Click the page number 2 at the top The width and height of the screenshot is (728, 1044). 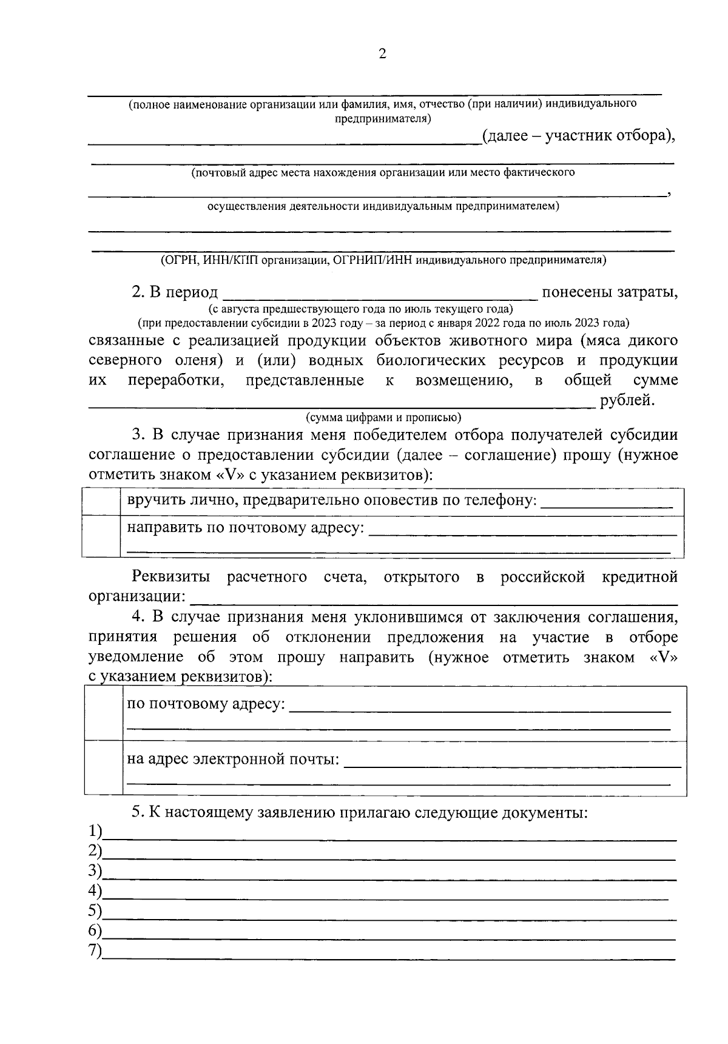click(382, 54)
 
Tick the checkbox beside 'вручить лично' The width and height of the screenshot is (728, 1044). click(101, 502)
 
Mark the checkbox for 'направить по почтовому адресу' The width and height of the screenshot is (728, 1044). click(101, 536)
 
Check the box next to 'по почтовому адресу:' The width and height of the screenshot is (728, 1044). click(104, 713)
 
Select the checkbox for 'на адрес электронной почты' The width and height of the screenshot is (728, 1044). click(104, 767)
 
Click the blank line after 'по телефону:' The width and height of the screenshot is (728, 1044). click(606, 503)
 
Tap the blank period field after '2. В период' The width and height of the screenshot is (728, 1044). click(380, 294)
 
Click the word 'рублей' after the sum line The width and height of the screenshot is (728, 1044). click(627, 400)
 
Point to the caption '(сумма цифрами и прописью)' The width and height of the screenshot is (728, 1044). click(383, 417)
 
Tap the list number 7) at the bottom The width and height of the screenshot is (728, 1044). click(95, 951)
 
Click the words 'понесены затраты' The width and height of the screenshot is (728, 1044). click(609, 292)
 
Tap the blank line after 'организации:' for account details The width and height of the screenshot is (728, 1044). click(434, 601)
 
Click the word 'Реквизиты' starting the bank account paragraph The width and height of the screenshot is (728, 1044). click(171, 577)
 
